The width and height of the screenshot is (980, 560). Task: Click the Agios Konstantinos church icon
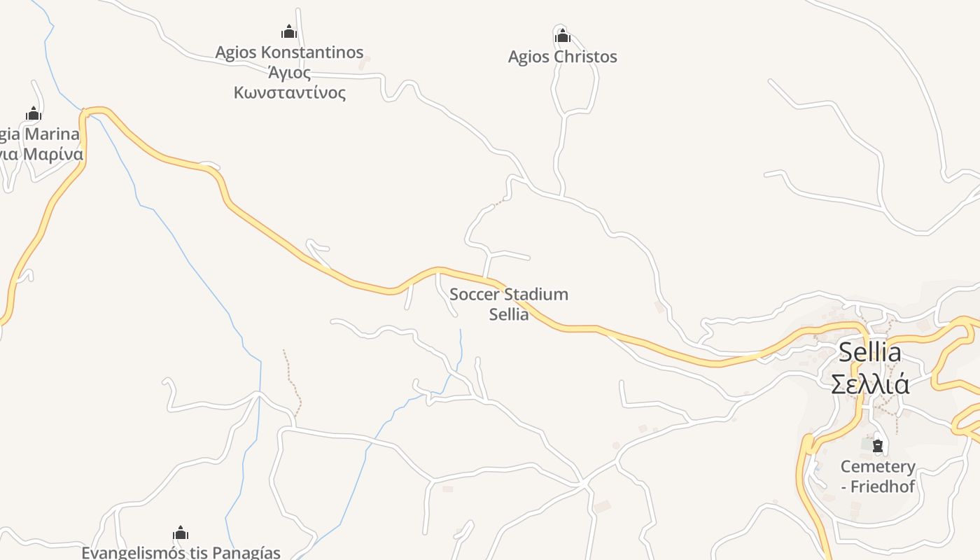(289, 31)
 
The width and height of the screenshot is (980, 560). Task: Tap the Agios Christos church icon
(562, 36)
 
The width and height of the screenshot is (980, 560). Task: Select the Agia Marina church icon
(34, 113)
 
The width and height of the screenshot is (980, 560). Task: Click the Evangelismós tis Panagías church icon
(181, 533)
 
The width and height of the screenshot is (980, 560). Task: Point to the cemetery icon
(877, 445)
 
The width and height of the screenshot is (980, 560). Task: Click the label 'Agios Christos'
(562, 57)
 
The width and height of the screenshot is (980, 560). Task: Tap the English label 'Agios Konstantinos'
(289, 52)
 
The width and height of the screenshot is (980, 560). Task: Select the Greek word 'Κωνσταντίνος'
(289, 92)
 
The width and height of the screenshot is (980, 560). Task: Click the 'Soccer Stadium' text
(509, 295)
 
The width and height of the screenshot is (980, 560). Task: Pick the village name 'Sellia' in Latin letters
(869, 352)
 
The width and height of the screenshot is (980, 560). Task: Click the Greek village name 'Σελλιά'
(869, 384)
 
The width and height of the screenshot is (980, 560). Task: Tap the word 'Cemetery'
(878, 467)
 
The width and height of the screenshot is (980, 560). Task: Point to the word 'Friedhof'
(883, 486)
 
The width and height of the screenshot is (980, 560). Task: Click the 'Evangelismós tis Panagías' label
(181, 552)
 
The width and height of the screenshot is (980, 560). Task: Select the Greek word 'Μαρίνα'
(53, 154)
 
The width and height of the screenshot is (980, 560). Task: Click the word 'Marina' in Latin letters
(52, 134)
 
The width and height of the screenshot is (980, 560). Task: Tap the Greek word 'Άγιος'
(289, 72)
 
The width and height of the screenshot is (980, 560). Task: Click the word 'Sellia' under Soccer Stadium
(509, 314)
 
